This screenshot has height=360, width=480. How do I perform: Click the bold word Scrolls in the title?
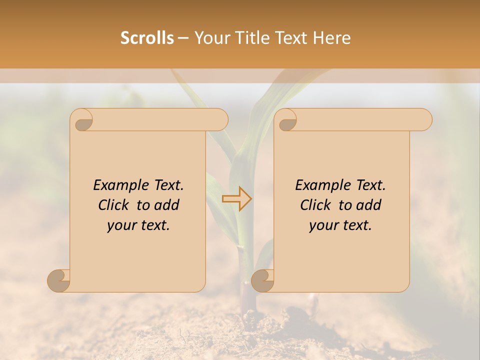(x=147, y=38)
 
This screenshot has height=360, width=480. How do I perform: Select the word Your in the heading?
(x=211, y=38)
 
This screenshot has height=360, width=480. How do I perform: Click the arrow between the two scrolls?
(x=237, y=199)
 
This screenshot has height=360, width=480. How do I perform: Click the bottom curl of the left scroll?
(x=58, y=280)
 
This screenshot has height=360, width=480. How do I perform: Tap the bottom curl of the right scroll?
(x=262, y=280)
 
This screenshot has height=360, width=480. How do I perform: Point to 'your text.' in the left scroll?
(x=138, y=225)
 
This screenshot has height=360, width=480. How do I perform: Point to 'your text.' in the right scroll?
(x=340, y=225)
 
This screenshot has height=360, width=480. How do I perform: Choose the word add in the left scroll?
(x=167, y=205)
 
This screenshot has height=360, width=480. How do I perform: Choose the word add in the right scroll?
(x=369, y=205)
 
